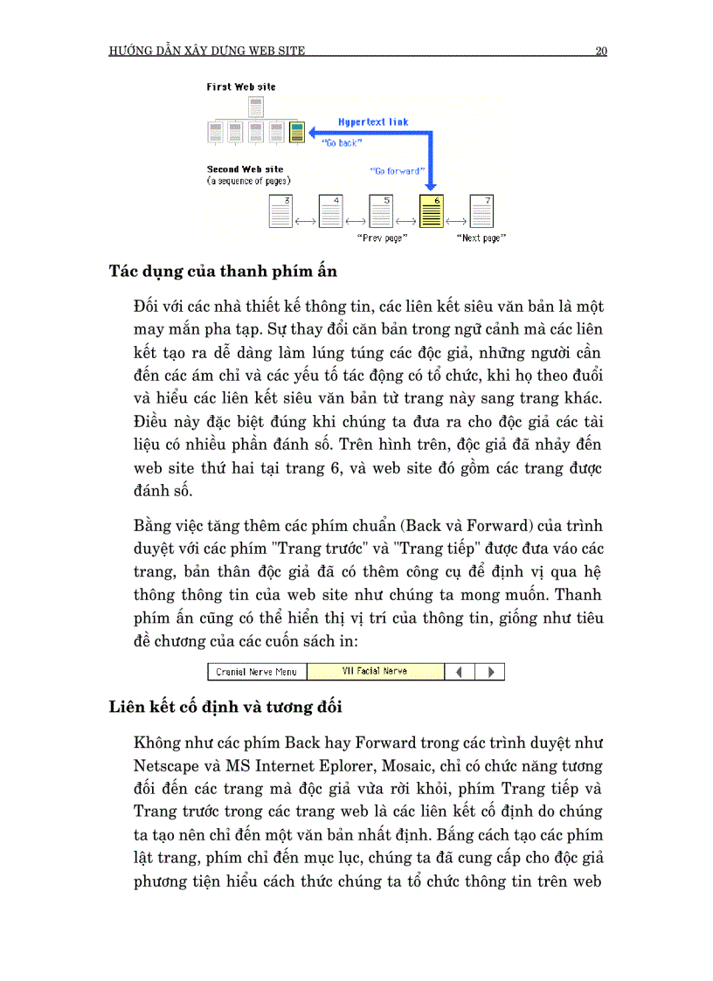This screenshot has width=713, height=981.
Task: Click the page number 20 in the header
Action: pos(601,51)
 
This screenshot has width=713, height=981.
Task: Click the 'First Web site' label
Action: pos(241,87)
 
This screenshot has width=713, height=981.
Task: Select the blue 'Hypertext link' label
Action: pos(373,122)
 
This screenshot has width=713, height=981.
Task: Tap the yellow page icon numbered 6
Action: pos(432,211)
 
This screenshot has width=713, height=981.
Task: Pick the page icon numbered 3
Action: pos(280,211)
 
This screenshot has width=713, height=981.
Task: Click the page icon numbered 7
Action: pos(481,211)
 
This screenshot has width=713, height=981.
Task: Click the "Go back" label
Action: pos(341,142)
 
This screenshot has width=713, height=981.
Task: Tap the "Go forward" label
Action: pos(397,171)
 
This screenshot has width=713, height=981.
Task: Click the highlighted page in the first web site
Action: pos(297,133)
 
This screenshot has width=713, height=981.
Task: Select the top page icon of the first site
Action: pos(255,107)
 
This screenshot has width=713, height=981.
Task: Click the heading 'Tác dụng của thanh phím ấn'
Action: pos(223,271)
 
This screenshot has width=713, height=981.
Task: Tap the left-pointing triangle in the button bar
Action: pos(460,672)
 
